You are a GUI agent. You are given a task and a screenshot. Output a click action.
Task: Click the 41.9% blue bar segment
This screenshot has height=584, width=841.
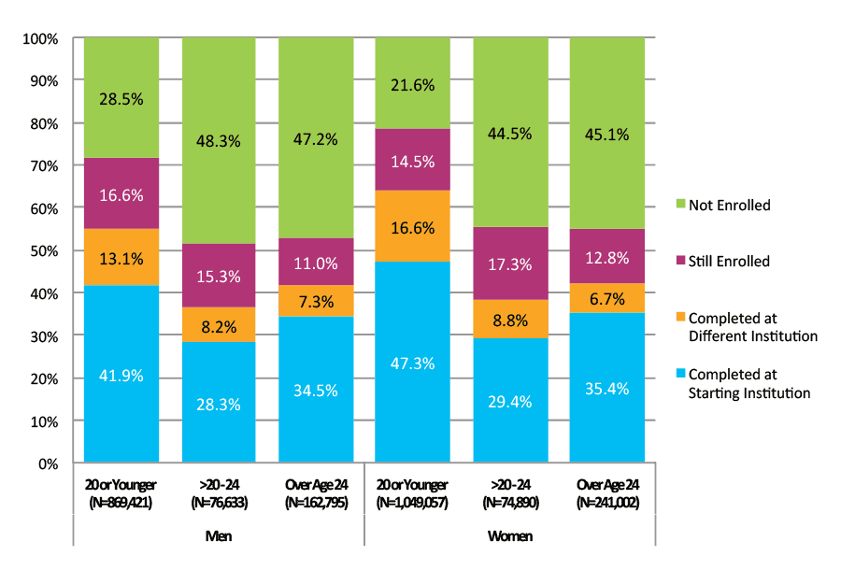[121, 374]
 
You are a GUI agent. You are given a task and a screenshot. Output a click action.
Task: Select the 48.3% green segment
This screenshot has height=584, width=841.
[219, 141]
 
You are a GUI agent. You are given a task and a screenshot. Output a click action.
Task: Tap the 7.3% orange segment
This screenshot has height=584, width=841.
[316, 301]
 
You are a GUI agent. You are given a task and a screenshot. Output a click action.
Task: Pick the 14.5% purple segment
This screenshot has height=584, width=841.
[413, 160]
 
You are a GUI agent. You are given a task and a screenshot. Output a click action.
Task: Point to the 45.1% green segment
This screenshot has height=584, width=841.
[607, 134]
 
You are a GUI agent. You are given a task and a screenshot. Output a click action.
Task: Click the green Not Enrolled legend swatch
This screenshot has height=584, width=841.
[679, 205]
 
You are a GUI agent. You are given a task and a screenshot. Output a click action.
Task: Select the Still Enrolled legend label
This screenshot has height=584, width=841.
[729, 262]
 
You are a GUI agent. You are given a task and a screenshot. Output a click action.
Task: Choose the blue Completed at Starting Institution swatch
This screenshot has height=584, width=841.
[679, 384]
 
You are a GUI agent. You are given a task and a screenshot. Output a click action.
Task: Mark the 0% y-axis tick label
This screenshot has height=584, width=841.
[47, 463]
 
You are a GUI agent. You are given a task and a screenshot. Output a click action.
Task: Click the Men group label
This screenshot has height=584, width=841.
[219, 537]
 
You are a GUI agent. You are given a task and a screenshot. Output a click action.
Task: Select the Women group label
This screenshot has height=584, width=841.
[510, 537]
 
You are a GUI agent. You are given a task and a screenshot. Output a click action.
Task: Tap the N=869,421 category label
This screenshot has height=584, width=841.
[121, 502]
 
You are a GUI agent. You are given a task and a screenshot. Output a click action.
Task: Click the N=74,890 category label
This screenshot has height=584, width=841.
[510, 502]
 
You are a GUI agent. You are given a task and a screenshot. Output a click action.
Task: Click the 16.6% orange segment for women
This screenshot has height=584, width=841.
[413, 226]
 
